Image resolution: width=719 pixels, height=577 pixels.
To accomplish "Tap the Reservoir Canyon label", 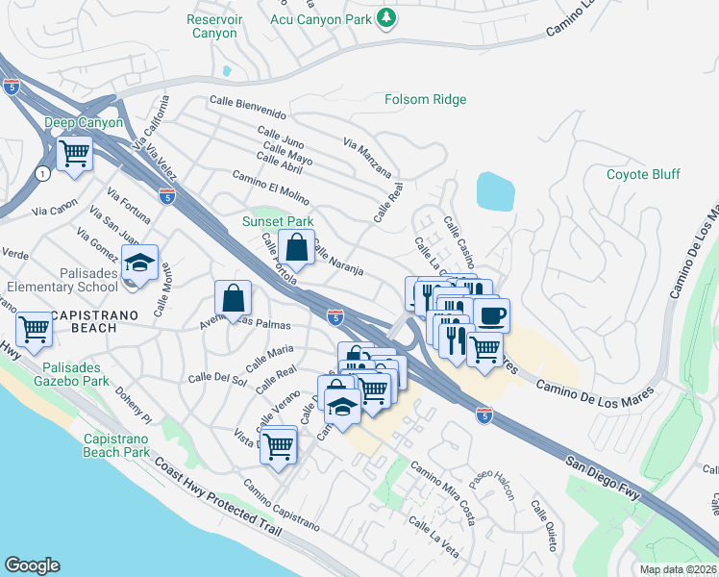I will [x=211, y=26].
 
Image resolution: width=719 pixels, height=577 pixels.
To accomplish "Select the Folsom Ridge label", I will [x=425, y=99].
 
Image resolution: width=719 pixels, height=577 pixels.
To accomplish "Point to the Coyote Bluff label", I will [x=643, y=174].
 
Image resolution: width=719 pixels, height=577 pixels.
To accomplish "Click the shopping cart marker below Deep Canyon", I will [x=74, y=153].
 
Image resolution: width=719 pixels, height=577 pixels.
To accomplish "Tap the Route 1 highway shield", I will [x=42, y=174].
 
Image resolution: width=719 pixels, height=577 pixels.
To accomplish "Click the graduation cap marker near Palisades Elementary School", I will [x=140, y=263].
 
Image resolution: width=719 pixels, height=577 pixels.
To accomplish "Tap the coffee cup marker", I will [x=491, y=315].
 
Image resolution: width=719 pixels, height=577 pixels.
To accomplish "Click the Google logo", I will [x=32, y=565].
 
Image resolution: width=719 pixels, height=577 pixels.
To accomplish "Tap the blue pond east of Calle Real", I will [x=494, y=191].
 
